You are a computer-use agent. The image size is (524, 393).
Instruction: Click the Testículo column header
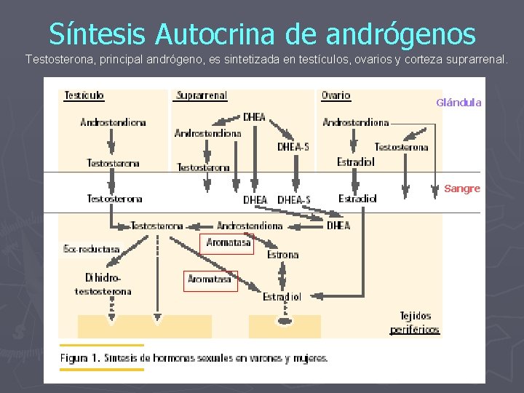tap(84, 95)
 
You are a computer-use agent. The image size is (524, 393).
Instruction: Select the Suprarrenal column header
tap(202, 95)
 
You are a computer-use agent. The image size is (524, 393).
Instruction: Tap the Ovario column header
tap(336, 95)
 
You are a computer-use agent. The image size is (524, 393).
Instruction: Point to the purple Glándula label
tap(458, 103)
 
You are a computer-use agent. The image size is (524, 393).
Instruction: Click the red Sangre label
tap(462, 188)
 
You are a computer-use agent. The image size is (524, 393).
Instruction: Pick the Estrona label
tap(282, 255)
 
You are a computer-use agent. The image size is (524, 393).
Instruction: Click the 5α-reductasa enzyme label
tap(92, 249)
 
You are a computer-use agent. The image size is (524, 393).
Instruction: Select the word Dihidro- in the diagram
tap(103, 277)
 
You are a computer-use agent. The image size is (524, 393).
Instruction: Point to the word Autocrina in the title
tap(231, 33)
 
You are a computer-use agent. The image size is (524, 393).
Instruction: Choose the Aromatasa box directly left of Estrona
tap(228, 243)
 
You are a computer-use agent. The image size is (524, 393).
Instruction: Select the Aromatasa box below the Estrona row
tap(210, 279)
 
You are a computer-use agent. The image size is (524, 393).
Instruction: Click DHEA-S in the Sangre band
tap(294, 199)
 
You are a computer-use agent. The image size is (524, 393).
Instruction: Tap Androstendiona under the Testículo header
tap(113, 122)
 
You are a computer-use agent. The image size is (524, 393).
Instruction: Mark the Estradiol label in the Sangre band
tap(357, 198)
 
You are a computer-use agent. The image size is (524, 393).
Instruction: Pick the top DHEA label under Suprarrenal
tap(254, 116)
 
